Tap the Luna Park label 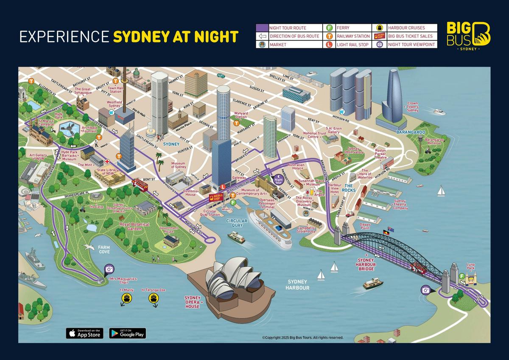tap(470, 266)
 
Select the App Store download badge tap(84, 333)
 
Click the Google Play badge tap(127, 333)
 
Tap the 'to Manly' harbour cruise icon tap(126, 299)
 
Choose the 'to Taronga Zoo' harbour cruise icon tap(154, 299)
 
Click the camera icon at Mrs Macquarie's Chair tap(109, 269)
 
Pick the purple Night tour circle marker tap(278, 180)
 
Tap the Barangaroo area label tap(410, 132)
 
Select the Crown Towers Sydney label tap(413, 107)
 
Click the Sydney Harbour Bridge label tap(366, 264)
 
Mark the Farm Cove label tap(104, 249)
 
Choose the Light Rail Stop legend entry tap(352, 44)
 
